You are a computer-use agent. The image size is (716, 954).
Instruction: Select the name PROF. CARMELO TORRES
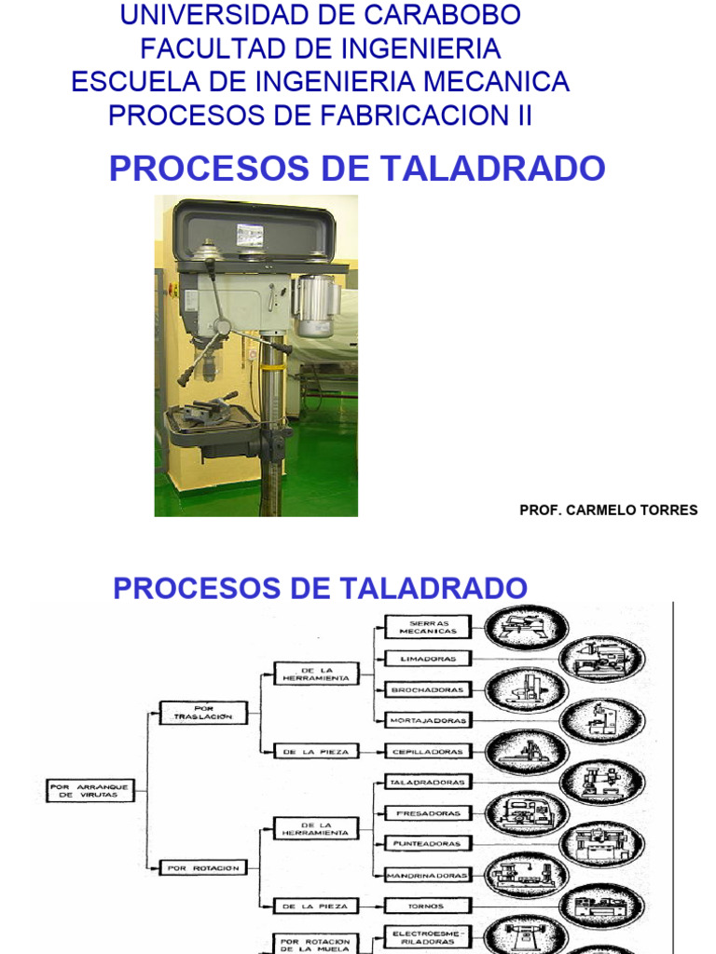click(x=608, y=510)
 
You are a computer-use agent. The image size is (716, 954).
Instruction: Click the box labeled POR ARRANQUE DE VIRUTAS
click(x=89, y=791)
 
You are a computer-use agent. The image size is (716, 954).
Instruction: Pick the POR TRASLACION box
click(x=203, y=713)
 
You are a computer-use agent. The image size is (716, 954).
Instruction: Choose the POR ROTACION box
click(x=203, y=867)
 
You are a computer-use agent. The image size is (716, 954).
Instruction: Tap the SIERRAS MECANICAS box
click(x=428, y=626)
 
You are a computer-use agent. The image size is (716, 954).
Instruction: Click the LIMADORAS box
click(x=428, y=658)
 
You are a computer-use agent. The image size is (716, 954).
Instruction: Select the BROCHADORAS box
click(x=428, y=689)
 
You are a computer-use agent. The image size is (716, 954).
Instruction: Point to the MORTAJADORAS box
click(x=428, y=720)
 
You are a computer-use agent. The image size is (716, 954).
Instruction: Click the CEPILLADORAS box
click(x=428, y=751)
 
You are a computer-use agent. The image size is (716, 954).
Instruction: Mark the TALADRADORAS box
click(x=428, y=782)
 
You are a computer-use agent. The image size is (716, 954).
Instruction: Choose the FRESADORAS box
click(x=428, y=812)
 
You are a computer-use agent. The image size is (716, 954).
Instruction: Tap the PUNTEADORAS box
click(x=428, y=843)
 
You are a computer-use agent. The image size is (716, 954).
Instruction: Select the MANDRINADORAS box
click(x=428, y=875)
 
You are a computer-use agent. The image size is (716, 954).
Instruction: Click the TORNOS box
click(x=428, y=906)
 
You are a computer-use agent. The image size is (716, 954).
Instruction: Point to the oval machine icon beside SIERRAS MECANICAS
click(x=527, y=627)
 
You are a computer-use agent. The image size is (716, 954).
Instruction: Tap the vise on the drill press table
click(x=211, y=409)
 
